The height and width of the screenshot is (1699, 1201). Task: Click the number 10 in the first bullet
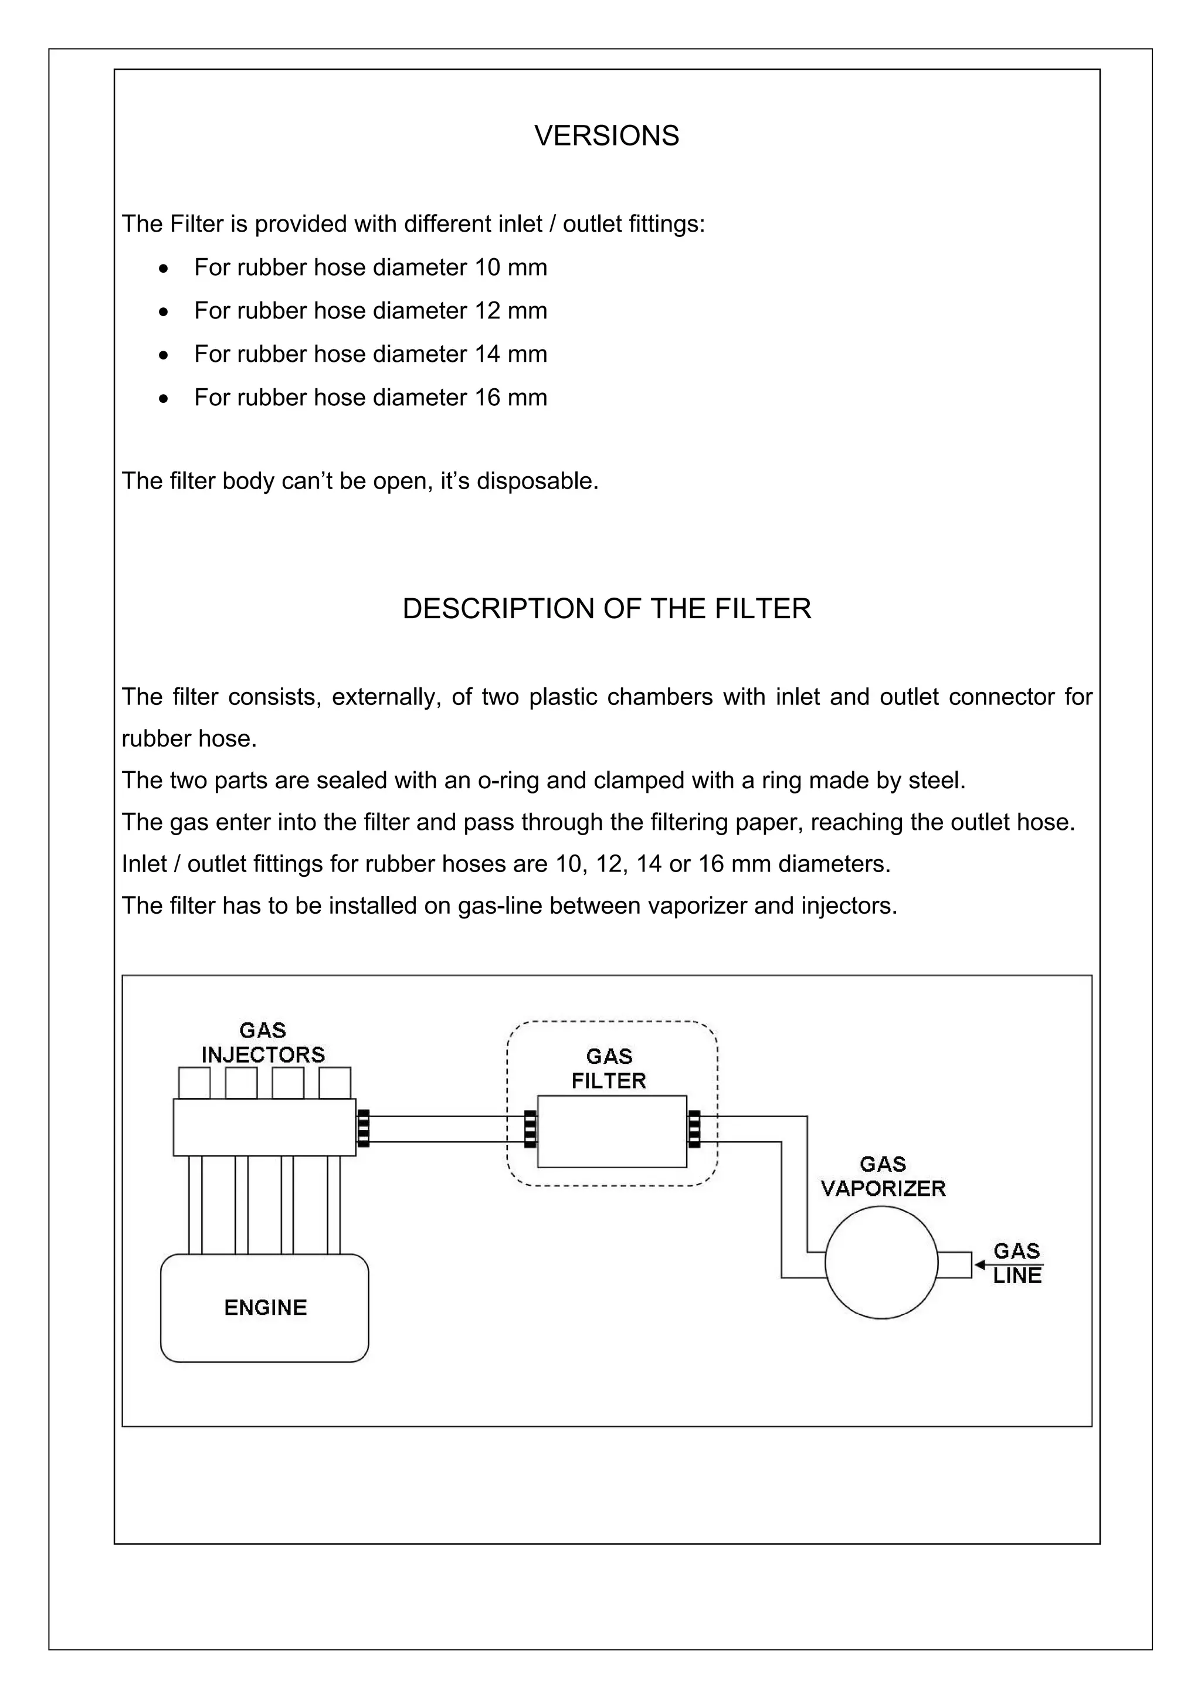tap(488, 268)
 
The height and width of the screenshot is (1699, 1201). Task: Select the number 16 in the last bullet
tap(488, 398)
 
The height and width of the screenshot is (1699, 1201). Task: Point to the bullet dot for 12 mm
tap(164, 311)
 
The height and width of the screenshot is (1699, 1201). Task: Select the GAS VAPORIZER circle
tap(881, 1263)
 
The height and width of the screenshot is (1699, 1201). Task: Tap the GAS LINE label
tap(1017, 1263)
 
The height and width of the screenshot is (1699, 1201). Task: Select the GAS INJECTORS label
tap(263, 1043)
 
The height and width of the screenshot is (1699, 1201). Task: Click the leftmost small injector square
tap(194, 1083)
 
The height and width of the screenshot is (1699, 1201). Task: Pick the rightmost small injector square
tap(334, 1083)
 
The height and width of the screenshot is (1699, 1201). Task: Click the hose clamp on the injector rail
tap(362, 1128)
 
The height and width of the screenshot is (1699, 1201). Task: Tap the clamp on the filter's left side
tap(530, 1129)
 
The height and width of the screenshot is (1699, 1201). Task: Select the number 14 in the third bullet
tap(488, 354)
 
